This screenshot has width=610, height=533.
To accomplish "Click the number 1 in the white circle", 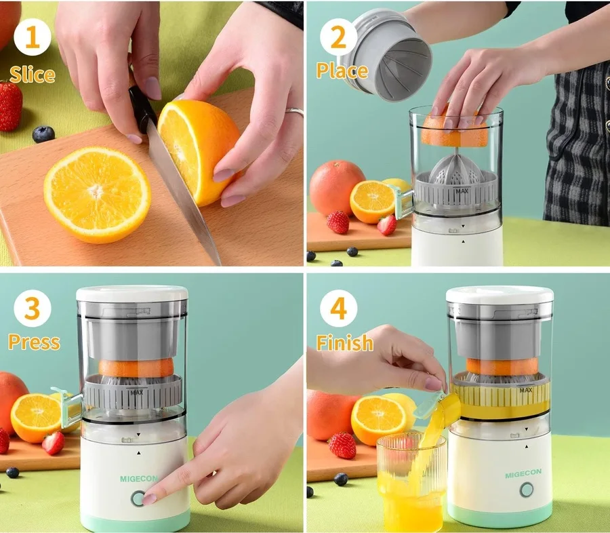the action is coord(33,37).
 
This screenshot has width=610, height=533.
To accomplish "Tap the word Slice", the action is coord(33,75).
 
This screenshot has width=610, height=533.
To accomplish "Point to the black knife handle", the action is coord(142,108).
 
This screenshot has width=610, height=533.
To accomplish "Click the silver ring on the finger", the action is coord(295,112).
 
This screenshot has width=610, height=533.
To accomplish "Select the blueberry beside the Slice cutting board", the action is coord(43,134).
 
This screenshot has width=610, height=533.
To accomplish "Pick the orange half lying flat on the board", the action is coord(97,195).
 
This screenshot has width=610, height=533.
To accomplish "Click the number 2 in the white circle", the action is coord(338,37).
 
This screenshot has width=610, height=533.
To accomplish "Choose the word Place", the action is coord(342,71).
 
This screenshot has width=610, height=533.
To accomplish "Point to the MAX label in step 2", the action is coord(462,191).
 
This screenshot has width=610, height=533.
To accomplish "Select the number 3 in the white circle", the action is coord(33,309).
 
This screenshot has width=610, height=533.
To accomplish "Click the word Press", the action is coord(35,342).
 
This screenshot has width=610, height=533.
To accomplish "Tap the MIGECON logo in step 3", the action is coord(139,479).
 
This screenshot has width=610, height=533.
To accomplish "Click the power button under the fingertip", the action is coord(138,498).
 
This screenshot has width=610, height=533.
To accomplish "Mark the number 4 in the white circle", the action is coord(338,309).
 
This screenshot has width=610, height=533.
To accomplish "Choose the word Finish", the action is coord(345,342).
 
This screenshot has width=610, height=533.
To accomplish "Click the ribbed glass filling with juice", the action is coord(411,482).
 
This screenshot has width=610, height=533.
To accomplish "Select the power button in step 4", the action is coord(527,490).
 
